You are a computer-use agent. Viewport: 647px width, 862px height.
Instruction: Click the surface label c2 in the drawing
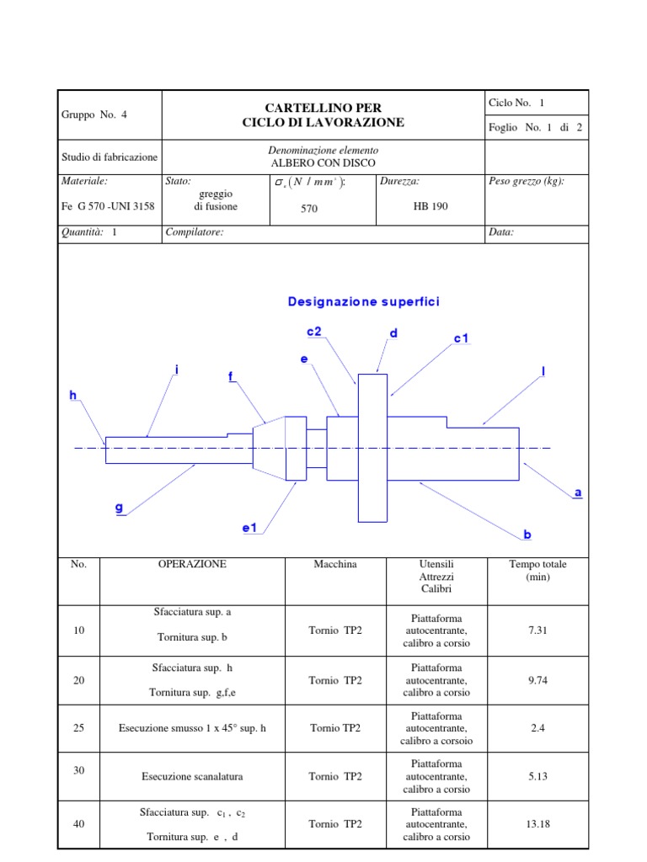point(314,332)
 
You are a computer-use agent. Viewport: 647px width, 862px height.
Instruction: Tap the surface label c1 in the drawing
point(461,338)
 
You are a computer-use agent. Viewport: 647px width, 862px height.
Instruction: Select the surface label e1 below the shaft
point(249,528)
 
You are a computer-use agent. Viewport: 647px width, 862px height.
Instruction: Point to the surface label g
point(119,507)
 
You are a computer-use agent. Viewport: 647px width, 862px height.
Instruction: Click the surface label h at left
point(73,394)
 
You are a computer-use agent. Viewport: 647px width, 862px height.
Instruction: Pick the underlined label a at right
point(578,492)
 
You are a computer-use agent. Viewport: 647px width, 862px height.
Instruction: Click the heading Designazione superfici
point(363,301)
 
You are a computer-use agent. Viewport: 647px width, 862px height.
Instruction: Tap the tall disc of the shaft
point(372,448)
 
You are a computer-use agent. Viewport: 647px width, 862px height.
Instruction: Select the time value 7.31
point(537,631)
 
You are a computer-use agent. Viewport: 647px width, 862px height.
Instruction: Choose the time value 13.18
point(537,824)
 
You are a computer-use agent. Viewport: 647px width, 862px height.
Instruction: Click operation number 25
point(79,728)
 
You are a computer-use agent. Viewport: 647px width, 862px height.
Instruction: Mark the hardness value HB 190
point(430,207)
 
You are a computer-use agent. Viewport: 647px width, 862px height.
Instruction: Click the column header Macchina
point(334,565)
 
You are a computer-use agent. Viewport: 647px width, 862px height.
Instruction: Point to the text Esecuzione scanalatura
point(192,777)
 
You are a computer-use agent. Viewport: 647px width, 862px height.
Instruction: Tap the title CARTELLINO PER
point(323,108)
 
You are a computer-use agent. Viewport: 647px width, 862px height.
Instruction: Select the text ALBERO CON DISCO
point(323,162)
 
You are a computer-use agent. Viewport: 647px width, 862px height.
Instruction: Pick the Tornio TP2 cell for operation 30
point(334,777)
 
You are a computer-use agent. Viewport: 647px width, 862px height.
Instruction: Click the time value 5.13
point(537,777)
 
